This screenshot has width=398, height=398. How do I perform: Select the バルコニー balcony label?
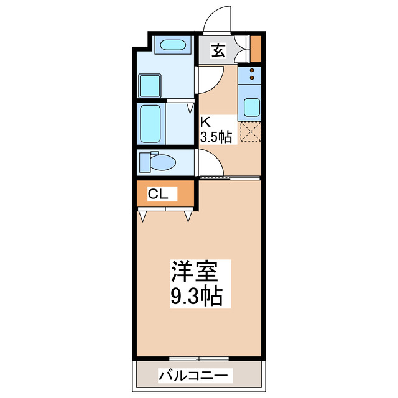click(x=195, y=376)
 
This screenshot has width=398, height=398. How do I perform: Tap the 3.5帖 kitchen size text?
click(x=216, y=137)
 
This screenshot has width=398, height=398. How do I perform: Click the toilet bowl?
click(x=163, y=163)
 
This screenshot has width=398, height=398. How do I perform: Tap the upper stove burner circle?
click(x=252, y=71)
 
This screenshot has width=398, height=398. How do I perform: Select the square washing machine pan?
click(x=150, y=85)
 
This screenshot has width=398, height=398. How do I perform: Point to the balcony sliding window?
click(x=198, y=358)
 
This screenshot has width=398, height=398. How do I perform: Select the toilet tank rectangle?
click(x=145, y=163)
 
